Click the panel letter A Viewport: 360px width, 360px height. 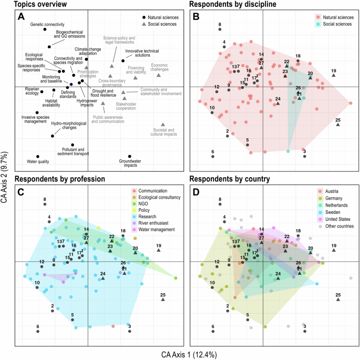(22, 17)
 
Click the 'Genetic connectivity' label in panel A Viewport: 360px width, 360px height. (47, 25)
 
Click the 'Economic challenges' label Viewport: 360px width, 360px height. (159, 67)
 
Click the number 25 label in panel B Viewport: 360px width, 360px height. (338, 120)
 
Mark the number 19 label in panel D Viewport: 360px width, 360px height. (333, 245)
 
